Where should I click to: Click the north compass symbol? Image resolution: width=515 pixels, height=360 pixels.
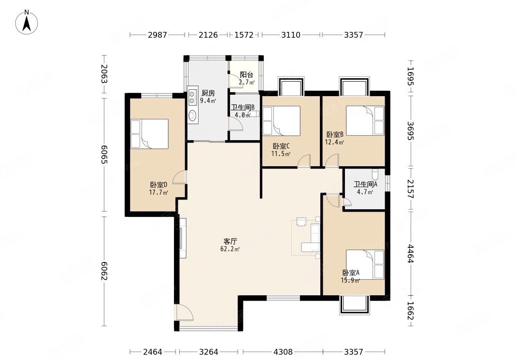[27, 22]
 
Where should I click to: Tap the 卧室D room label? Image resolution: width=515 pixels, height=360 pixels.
[158, 185]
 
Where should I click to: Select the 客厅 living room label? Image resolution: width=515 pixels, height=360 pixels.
[230, 242]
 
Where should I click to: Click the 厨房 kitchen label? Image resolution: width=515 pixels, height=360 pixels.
[208, 93]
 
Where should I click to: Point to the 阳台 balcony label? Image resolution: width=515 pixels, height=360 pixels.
[246, 75]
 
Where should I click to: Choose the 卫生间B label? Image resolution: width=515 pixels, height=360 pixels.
[243, 107]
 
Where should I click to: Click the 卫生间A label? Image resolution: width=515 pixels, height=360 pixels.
[365, 184]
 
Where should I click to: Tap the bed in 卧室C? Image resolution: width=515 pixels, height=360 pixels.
[282, 120]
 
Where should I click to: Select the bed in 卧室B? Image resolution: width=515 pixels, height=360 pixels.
[365, 120]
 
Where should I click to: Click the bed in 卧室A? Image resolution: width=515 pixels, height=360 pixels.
[365, 265]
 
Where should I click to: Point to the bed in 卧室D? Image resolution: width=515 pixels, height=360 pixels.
[149, 134]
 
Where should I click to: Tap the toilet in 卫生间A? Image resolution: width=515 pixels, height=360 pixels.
[375, 173]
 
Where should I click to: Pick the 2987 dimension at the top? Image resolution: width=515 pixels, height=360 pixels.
[157, 34]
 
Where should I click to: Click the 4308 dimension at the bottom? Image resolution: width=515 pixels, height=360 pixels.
[283, 352]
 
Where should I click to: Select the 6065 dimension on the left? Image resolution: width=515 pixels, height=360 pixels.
[104, 154]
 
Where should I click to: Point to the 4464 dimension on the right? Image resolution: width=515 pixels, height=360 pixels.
[410, 254]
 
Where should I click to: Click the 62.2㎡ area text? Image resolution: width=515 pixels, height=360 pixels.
[230, 249]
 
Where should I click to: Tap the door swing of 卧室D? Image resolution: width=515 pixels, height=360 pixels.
[179, 177]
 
